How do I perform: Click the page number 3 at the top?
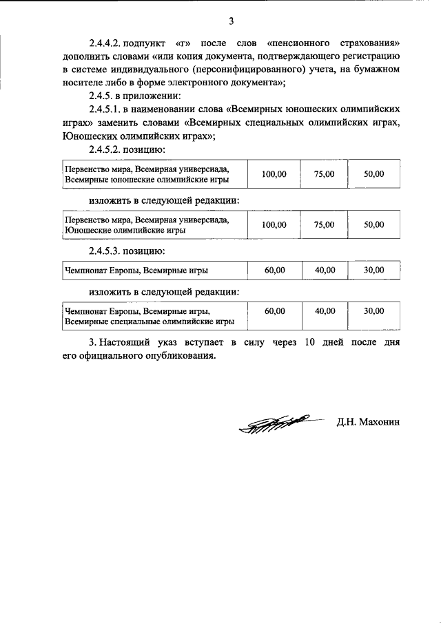221,19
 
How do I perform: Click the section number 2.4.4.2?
107,43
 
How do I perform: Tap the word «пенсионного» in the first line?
305,43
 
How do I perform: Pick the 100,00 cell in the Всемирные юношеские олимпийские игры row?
274,175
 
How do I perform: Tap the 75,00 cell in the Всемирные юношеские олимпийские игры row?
324,175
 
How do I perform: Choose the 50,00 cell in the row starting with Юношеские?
373,224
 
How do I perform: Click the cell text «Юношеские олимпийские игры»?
123,230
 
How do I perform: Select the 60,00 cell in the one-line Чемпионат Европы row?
274,271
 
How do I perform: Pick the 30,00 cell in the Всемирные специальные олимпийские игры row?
373,311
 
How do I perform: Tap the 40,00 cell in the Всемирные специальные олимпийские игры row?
324,311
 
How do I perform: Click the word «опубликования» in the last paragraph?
181,356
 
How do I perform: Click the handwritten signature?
273,423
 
